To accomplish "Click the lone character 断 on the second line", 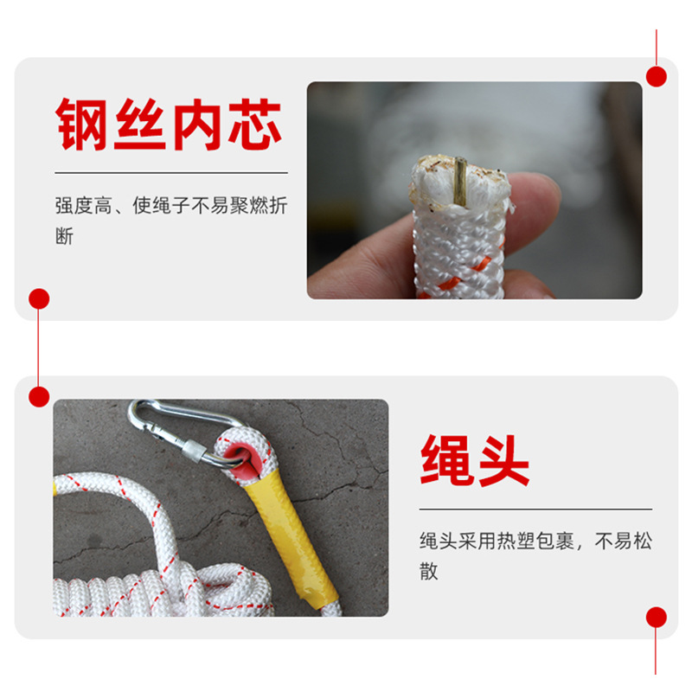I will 65,236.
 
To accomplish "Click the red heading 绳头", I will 474,459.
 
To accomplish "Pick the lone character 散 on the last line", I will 429,572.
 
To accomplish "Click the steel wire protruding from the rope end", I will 460,180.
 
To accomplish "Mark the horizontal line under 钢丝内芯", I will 170,173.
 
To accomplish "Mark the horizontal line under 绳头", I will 535,509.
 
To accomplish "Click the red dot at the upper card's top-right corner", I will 657,76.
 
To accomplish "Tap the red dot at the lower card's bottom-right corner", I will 657,617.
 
